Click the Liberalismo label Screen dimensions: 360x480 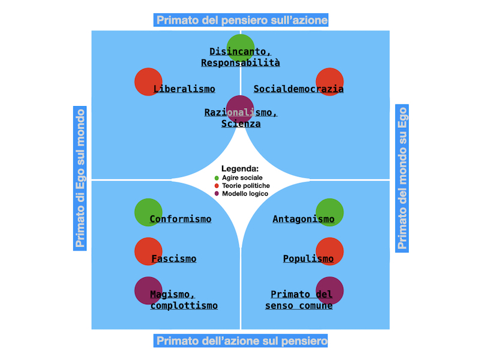[184, 89]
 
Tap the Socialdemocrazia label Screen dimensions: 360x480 [298, 89]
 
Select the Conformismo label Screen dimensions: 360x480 [181, 219]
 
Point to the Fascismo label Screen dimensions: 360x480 [173, 259]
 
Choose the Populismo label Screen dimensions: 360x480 [308, 259]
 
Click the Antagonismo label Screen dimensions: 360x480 [304, 219]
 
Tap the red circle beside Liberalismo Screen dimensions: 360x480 [148, 82]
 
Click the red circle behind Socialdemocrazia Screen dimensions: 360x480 [329, 82]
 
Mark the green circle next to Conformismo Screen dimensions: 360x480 [148, 212]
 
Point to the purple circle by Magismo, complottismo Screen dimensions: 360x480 [148, 290]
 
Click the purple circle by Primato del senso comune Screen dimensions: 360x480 [329, 290]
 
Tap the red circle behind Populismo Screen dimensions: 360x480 [329, 251]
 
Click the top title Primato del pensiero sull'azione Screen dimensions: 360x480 [242, 20]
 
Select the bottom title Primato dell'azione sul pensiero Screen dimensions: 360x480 [242, 341]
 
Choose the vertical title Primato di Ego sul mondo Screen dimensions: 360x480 [80, 178]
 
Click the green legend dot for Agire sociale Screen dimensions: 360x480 [217, 178]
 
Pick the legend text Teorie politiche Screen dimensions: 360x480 [245, 186]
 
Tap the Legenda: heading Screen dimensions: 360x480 [240, 169]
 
